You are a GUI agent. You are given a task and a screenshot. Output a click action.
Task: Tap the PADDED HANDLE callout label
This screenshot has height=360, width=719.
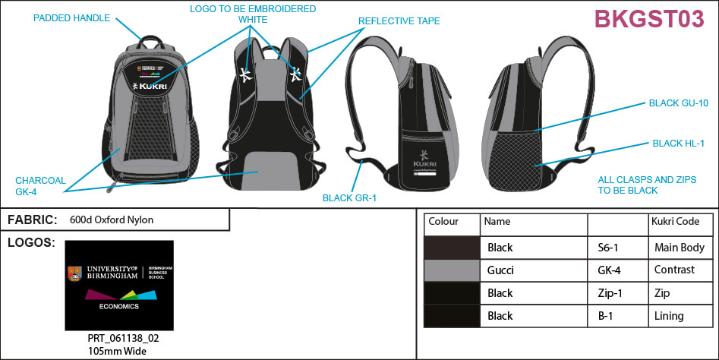tap(72, 18)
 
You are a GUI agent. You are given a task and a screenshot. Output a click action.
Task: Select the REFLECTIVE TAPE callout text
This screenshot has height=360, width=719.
tap(399, 21)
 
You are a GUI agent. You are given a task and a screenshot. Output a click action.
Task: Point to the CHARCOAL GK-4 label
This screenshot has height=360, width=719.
tap(40, 186)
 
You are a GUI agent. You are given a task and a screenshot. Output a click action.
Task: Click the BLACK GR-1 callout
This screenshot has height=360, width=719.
tap(350, 199)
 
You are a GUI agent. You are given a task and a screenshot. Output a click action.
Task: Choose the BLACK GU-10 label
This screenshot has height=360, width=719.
tap(678, 103)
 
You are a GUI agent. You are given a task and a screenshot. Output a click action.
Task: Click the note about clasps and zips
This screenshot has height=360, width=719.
tap(636, 185)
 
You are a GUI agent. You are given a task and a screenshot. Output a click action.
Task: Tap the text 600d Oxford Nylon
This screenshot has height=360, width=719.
tap(112, 220)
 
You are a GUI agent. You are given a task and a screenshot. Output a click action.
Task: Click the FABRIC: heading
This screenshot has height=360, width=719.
tap(32, 220)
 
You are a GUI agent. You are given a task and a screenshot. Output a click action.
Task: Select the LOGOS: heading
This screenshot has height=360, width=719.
tap(30, 243)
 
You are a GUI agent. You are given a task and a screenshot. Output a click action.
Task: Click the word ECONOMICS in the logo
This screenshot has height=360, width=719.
tap(118, 307)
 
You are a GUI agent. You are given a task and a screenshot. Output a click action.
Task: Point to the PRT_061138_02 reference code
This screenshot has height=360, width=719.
tap(112, 338)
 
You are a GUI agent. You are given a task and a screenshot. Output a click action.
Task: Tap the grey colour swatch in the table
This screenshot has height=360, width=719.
tap(452, 270)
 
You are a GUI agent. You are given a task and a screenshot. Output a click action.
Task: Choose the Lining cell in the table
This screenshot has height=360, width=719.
tap(669, 316)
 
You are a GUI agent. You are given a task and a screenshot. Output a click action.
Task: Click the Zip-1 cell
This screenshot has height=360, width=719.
tap(608, 293)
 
